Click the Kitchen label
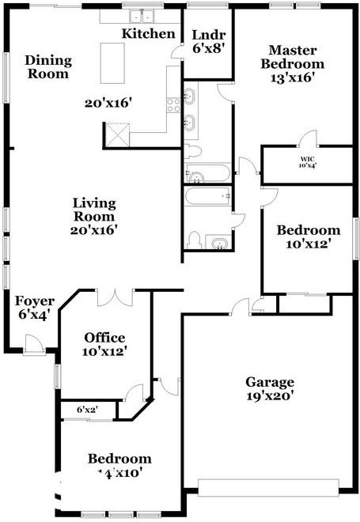(x=148, y=34)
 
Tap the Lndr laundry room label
(x=208, y=34)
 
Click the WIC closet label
(x=307, y=157)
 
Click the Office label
(x=105, y=338)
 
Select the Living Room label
(x=93, y=209)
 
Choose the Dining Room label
(x=47, y=67)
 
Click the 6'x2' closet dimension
(x=86, y=410)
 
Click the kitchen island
(x=115, y=62)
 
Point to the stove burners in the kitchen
(x=172, y=107)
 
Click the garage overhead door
(x=269, y=486)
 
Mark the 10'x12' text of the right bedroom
(x=308, y=244)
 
